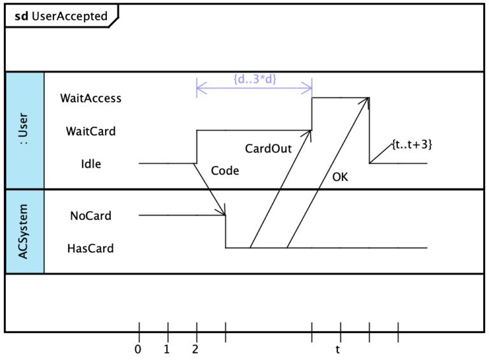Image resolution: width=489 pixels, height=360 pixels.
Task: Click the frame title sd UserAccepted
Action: (x=61, y=17)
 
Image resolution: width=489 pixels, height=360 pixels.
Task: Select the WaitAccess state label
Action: (x=90, y=98)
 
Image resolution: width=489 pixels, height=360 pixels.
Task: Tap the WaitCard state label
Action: (x=90, y=131)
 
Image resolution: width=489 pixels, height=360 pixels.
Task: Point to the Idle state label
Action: (x=90, y=164)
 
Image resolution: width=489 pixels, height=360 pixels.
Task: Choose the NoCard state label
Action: (x=90, y=215)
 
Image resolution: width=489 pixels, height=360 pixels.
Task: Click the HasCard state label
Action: (x=90, y=248)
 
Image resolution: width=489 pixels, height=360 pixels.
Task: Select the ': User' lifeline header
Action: (x=24, y=131)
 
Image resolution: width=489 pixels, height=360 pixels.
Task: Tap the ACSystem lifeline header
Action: (x=24, y=231)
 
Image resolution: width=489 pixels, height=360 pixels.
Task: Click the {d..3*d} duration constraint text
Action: (x=255, y=79)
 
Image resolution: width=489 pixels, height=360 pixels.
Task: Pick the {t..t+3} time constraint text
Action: (x=412, y=144)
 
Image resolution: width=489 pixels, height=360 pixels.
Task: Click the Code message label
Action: (x=225, y=171)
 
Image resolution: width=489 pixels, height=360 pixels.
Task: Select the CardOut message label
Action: (x=268, y=149)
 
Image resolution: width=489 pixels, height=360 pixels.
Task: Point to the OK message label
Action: (x=341, y=178)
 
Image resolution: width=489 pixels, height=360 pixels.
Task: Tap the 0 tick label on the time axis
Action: (x=138, y=349)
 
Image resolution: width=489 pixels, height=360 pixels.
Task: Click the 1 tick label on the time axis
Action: (x=167, y=349)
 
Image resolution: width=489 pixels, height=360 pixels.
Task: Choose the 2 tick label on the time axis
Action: (x=195, y=349)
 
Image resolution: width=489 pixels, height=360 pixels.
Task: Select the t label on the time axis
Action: (x=338, y=349)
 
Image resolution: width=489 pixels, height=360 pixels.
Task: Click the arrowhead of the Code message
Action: (x=223, y=212)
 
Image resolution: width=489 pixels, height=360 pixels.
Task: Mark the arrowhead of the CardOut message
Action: (x=310, y=133)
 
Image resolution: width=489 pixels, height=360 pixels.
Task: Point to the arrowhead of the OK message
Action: (x=367, y=101)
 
